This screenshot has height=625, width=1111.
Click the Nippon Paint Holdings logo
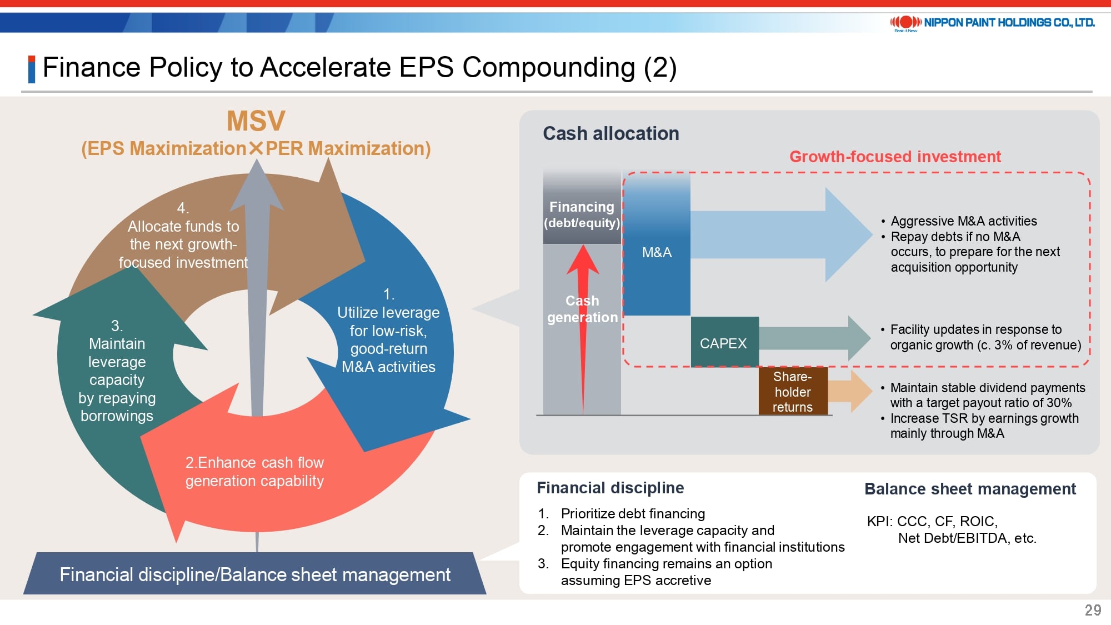[x=992, y=23]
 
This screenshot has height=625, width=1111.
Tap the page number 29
[x=1093, y=610]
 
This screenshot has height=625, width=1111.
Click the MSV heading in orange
[x=256, y=121]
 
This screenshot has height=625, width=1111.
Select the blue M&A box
[x=657, y=243]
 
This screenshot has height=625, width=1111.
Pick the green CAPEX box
[x=724, y=342]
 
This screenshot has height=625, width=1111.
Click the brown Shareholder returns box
[x=793, y=392]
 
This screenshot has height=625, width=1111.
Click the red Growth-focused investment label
[x=895, y=157]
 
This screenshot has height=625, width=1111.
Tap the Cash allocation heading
[x=610, y=133]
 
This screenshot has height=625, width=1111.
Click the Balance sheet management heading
[x=970, y=489]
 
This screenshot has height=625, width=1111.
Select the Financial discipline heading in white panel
[x=610, y=488]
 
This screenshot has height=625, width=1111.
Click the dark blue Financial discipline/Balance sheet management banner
[x=255, y=573]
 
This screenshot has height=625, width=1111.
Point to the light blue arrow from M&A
[x=781, y=234]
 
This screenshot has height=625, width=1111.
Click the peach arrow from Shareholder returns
[x=850, y=391]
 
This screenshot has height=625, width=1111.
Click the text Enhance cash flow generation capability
[x=254, y=472]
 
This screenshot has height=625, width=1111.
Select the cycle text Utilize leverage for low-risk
[x=388, y=322]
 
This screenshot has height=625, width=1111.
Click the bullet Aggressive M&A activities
[x=963, y=221]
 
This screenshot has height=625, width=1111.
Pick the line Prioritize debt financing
[x=633, y=513]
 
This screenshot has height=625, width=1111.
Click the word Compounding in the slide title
[x=549, y=67]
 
